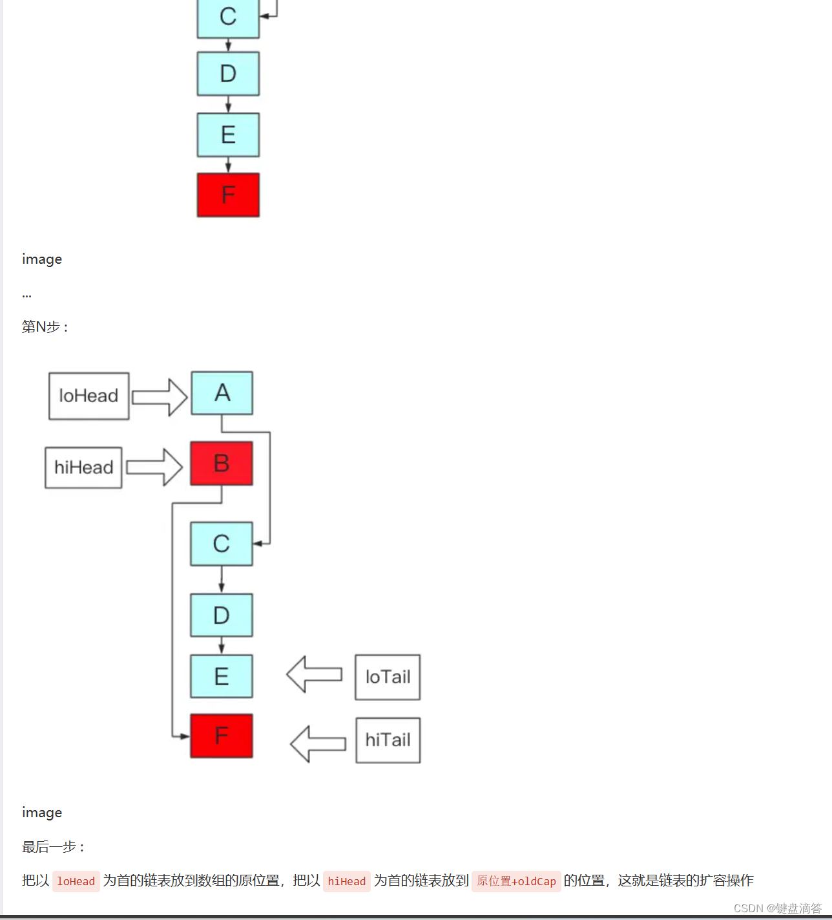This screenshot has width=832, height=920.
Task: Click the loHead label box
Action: click(88, 396)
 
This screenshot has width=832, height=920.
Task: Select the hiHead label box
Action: click(83, 467)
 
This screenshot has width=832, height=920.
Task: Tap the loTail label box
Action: click(388, 677)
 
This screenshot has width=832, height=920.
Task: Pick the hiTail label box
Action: click(388, 740)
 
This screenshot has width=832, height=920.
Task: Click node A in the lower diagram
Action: click(222, 393)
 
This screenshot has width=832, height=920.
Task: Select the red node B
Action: click(222, 464)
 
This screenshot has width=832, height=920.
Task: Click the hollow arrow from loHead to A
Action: click(159, 397)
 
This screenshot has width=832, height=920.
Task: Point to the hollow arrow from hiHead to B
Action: click(154, 467)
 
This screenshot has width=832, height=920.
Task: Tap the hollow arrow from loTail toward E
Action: click(314, 674)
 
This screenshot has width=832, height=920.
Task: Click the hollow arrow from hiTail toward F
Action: click(318, 743)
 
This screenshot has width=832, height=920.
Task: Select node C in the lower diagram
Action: click(222, 544)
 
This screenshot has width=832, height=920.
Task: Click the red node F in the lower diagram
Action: click(222, 736)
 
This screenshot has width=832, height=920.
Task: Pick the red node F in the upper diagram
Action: click(228, 195)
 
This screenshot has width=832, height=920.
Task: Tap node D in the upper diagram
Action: click(228, 74)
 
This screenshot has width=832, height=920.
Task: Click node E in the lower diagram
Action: click(222, 676)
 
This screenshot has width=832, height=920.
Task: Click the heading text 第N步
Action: click(45, 327)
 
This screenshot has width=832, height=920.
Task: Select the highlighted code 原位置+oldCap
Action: click(516, 881)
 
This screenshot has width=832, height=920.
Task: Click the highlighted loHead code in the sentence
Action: click(76, 881)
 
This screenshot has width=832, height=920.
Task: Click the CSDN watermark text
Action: click(777, 908)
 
